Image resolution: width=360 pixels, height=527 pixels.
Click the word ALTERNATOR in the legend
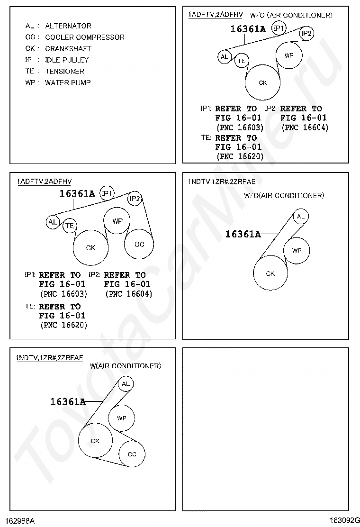click(68, 26)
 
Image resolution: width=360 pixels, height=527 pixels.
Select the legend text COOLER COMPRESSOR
click(85, 37)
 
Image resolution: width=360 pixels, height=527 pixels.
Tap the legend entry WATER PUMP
click(68, 83)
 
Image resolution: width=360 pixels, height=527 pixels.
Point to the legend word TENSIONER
click(64, 72)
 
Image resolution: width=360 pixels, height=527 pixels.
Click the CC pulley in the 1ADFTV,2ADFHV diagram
click(139, 245)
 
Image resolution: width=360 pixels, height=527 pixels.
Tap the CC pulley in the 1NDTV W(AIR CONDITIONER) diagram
click(132, 454)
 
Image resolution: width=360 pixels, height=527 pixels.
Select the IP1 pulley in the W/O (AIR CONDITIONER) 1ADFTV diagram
click(279, 29)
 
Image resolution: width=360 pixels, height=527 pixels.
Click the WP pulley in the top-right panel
click(289, 55)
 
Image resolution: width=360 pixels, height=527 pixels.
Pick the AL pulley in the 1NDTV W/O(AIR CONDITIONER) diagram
click(300, 217)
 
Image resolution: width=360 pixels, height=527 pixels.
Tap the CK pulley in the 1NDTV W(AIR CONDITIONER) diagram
click(95, 441)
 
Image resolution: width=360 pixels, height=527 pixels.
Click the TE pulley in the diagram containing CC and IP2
click(70, 226)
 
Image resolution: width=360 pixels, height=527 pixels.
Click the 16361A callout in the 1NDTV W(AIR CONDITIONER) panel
click(68, 402)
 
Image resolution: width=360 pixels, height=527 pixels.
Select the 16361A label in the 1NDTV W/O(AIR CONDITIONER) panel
click(243, 234)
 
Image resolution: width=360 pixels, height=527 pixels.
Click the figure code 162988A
click(20, 520)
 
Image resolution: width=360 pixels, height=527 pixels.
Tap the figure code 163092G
click(345, 520)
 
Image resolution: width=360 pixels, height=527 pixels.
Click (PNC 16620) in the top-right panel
click(239, 156)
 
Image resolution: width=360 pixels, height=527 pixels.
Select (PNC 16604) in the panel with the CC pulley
click(128, 294)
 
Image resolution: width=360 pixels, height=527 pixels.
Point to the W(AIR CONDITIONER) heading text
click(125, 366)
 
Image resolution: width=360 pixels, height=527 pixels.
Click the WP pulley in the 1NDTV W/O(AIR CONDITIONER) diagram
click(297, 251)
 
